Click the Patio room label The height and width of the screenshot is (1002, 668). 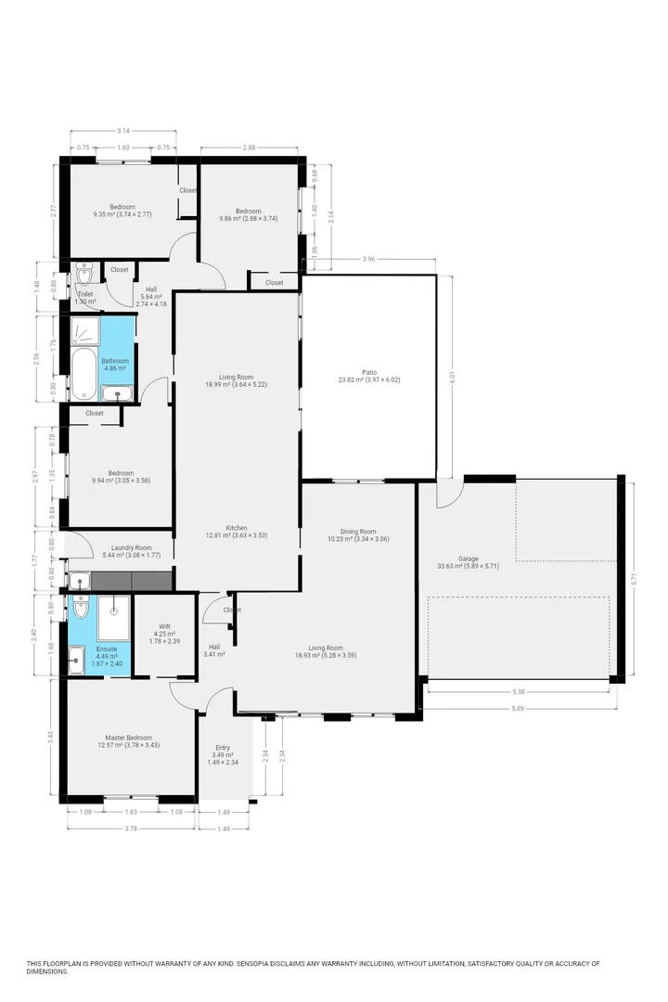coord(369,375)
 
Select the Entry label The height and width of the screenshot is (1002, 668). coord(223,748)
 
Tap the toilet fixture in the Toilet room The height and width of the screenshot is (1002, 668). coord(84,276)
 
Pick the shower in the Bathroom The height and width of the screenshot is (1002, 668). coord(85,330)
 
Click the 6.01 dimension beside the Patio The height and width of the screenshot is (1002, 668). coord(453,379)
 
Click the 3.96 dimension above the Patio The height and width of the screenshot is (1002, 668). coord(368,259)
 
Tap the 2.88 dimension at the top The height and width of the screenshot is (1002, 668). coord(249,148)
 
